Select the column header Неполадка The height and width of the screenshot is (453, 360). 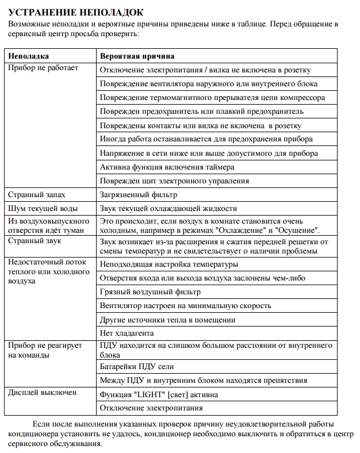pos(28,56)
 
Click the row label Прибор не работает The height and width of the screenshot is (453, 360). pos(43,68)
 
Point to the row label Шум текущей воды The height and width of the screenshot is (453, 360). pos(43,208)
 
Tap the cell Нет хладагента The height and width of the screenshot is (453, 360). pos(127,333)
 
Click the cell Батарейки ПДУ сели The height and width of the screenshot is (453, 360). pos(136,366)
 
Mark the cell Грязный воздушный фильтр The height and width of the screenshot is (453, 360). pos(150,291)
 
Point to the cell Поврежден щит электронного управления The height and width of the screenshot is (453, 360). pos(174,181)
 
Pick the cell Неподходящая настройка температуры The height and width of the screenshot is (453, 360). pos(168,264)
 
